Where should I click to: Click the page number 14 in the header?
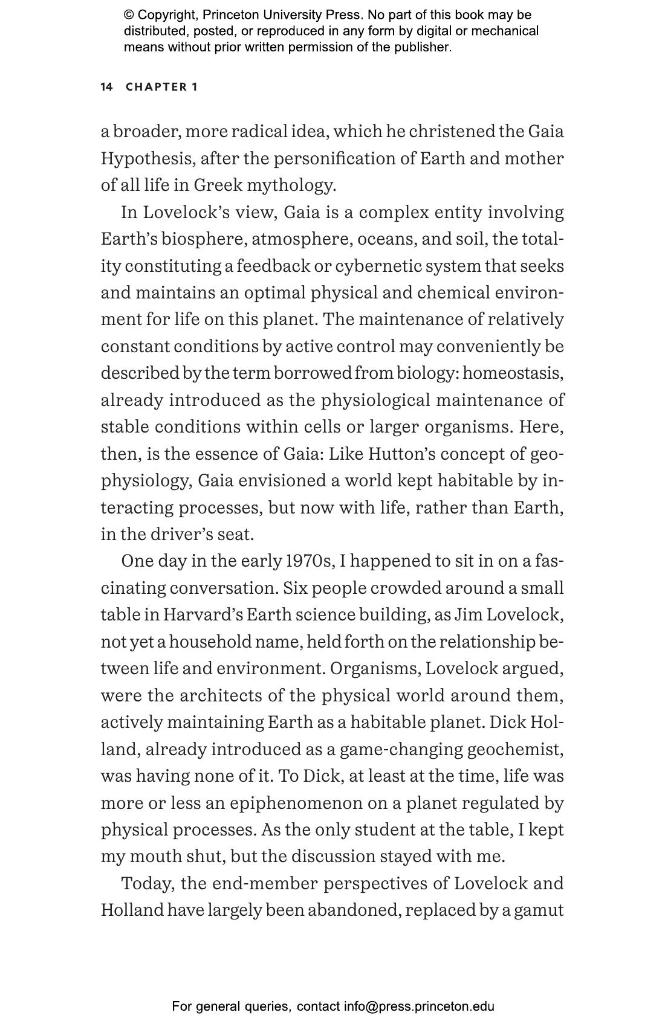(x=106, y=87)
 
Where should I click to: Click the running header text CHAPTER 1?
(x=161, y=87)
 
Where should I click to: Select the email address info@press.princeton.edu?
(x=419, y=1006)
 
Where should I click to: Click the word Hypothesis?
(x=148, y=159)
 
